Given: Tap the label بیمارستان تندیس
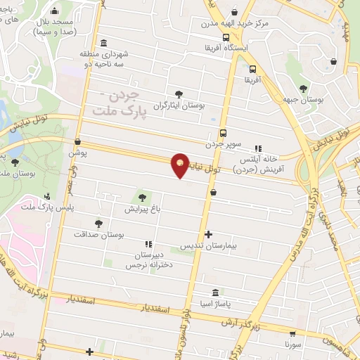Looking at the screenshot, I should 207,247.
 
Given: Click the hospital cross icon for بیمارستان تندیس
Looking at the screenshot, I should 207,234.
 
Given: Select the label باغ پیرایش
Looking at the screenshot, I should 144,210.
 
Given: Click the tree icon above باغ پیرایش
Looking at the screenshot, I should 143,198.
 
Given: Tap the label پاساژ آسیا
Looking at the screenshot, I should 216,305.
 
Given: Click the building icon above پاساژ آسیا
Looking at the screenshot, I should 215,293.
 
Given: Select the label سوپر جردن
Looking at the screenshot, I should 223,143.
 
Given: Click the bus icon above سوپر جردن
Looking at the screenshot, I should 223,132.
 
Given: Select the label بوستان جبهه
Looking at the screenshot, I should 304,101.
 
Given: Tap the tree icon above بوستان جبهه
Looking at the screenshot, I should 303,89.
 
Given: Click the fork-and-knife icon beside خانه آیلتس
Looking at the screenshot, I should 257,148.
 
